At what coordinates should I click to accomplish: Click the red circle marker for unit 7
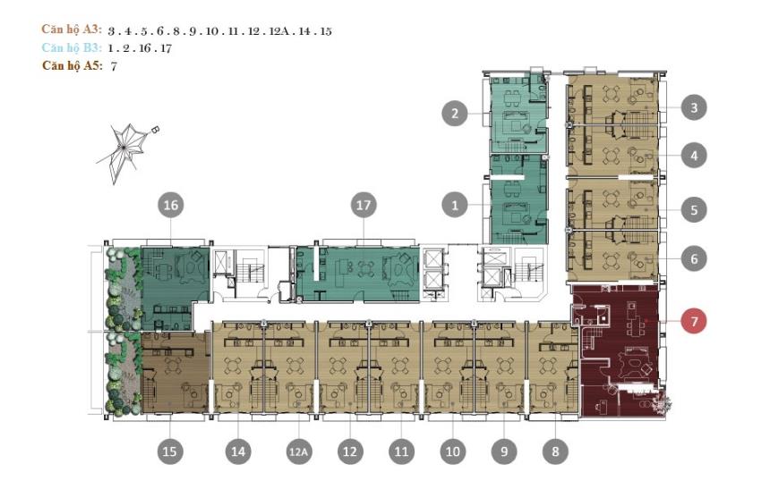[694, 321]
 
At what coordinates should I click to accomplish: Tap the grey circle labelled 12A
[298, 452]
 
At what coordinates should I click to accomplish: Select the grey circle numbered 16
[170, 205]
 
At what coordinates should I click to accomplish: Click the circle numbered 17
[364, 205]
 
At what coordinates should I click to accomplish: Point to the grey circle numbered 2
[455, 113]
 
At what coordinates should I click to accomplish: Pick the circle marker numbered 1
[455, 205]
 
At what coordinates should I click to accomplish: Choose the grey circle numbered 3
[694, 107]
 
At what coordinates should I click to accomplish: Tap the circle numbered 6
[694, 257]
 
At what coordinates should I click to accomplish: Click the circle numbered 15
[169, 452]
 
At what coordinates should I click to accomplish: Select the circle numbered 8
[555, 452]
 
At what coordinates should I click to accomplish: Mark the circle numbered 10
[452, 452]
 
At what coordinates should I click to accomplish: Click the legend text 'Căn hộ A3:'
[72, 30]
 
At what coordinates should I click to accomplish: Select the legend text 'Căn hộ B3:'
[72, 47]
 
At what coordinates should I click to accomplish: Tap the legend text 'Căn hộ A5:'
[72, 65]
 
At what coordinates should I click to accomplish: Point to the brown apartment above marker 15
[175, 372]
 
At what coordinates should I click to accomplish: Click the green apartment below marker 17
[357, 274]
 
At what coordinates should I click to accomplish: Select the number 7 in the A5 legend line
[114, 66]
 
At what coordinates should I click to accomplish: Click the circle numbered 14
[238, 452]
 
